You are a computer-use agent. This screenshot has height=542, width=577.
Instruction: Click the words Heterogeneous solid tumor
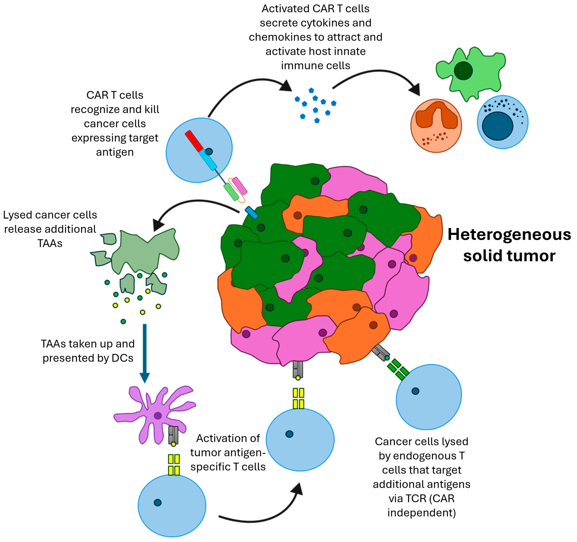coord(509,245)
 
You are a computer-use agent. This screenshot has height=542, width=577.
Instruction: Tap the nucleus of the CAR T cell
coord(209,151)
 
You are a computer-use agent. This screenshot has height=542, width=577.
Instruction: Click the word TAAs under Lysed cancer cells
coord(50,243)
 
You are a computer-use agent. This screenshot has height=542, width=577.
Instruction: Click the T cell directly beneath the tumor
coord(300,440)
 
